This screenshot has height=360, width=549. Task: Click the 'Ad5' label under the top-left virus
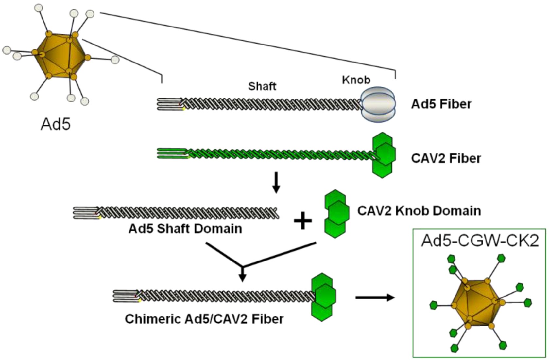(56, 124)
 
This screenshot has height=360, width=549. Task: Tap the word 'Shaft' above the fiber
(262, 86)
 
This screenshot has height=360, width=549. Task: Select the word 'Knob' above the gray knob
(356, 80)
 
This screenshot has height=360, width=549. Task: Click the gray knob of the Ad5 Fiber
(378, 104)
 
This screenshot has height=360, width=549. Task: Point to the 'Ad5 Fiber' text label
(441, 104)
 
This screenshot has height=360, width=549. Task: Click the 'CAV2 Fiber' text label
(446, 158)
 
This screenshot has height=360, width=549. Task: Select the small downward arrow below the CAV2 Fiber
(276, 183)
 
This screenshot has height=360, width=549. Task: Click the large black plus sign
(303, 221)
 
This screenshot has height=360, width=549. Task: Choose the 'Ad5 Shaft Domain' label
(185, 228)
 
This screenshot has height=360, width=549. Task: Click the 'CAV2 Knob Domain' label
(419, 211)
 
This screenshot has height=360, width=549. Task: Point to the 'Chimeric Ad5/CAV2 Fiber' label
(204, 319)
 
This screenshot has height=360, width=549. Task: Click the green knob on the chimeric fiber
(323, 297)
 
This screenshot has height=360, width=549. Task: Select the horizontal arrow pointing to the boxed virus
(375, 297)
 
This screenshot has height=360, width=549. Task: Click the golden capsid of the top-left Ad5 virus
(60, 56)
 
